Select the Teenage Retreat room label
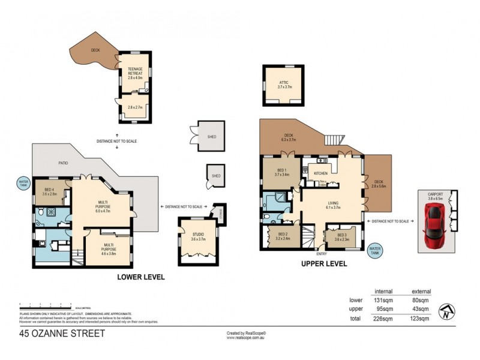point(133,70)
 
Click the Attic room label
point(284,85)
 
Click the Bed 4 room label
point(50,192)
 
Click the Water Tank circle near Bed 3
point(376,249)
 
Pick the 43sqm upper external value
point(422,309)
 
